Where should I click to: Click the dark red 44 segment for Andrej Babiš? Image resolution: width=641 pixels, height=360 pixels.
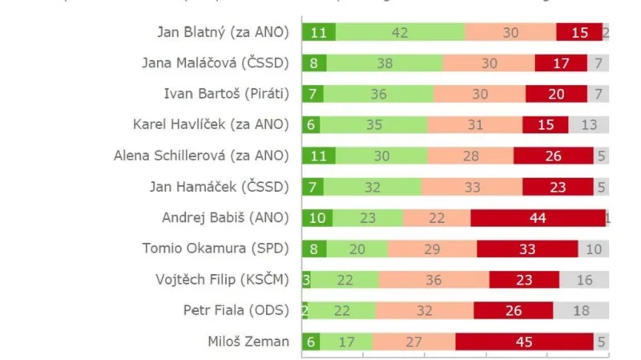point(538,218)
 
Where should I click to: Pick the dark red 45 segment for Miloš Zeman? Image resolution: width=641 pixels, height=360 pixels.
point(524,342)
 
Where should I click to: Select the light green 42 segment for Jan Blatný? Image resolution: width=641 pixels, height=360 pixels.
point(400,32)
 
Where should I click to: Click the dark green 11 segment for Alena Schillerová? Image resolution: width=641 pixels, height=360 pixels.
point(318,156)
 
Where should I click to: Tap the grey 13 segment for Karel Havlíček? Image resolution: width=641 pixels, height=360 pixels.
point(589,125)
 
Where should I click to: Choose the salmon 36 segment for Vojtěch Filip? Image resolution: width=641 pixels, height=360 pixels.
point(433,280)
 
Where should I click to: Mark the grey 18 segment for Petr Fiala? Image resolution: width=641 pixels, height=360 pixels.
point(581,310)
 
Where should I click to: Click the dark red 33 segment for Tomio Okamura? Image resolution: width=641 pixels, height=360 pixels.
point(526,249)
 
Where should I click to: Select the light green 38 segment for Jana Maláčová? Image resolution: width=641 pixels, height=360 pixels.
point(384,63)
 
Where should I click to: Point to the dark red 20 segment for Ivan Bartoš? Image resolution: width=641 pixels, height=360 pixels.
point(556,94)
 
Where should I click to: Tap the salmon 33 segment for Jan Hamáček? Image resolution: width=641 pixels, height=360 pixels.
point(472,187)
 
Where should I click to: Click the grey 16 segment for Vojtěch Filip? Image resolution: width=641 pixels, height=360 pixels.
point(584,280)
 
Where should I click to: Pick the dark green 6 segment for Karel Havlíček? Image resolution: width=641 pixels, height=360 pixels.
point(311,125)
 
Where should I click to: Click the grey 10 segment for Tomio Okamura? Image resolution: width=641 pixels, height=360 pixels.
point(593,249)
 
